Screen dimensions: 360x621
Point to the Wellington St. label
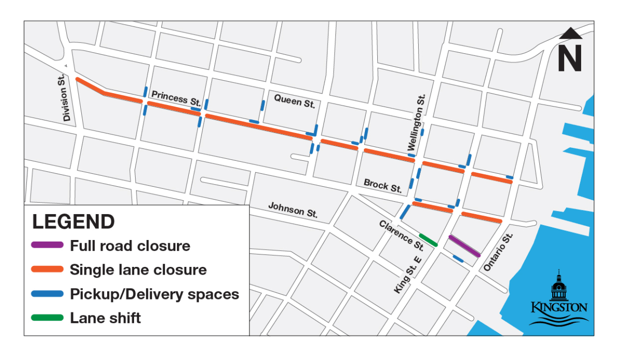click(x=417, y=123)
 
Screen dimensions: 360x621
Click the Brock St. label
click(x=383, y=186)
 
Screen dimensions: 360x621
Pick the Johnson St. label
click(x=293, y=209)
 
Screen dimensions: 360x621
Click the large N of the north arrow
click(x=570, y=58)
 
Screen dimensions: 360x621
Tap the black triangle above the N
click(x=571, y=34)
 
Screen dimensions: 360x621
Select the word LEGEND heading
click(x=73, y=222)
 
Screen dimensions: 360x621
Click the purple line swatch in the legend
click(x=48, y=245)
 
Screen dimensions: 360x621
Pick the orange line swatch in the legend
click(x=48, y=269)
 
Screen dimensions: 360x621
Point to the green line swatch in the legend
click(x=48, y=318)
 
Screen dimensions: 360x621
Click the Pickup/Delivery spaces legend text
click(x=154, y=294)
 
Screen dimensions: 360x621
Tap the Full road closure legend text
click(x=130, y=246)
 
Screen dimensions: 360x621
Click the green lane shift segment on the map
click(x=428, y=240)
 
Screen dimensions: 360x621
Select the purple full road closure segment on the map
click(x=464, y=246)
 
